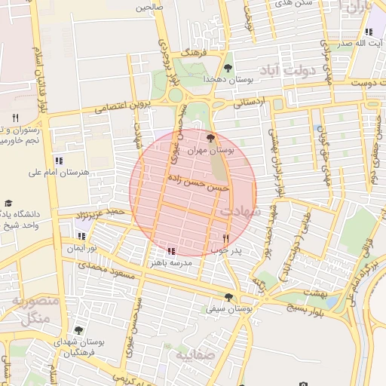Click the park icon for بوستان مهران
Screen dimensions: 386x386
point(210,138)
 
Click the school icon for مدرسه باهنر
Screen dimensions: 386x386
point(171,250)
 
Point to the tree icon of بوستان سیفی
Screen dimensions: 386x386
point(229,296)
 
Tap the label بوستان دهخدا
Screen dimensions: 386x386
point(227,79)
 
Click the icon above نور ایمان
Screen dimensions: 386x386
point(81,236)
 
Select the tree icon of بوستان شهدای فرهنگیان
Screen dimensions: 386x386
point(78,330)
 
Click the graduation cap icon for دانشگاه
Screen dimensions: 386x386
point(8,204)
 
